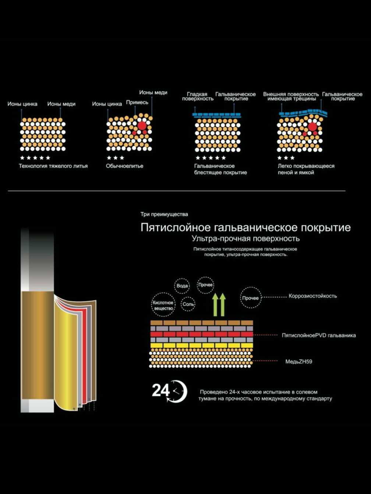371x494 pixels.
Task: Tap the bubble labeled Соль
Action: pyautogui.click(x=188, y=304)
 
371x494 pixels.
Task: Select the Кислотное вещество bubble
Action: pyautogui.click(x=163, y=305)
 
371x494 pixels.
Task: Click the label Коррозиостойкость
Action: pyautogui.click(x=312, y=296)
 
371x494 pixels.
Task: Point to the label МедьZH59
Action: pyautogui.click(x=299, y=362)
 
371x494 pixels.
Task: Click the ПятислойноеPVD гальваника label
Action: pyautogui.click(x=319, y=335)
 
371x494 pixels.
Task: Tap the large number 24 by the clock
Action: pyautogui.click(x=160, y=390)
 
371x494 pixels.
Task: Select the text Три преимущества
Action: pyautogui.click(x=164, y=214)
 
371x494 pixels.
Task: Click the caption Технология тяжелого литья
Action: pyautogui.click(x=53, y=166)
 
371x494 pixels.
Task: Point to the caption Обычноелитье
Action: pyautogui.click(x=124, y=166)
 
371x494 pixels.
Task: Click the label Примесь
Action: pyautogui.click(x=137, y=103)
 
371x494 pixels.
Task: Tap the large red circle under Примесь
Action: pyautogui.click(x=142, y=126)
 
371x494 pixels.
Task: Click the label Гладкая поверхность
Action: pyautogui.click(x=198, y=96)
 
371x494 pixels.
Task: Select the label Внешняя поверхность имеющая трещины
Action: pyautogui.click(x=291, y=96)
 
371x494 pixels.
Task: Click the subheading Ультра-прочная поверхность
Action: pyautogui.click(x=246, y=239)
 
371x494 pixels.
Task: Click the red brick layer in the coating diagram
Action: pyautogui.click(x=202, y=334)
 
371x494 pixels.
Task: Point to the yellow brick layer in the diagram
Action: pyautogui.click(x=202, y=346)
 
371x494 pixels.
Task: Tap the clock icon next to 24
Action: pyautogui.click(x=178, y=391)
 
